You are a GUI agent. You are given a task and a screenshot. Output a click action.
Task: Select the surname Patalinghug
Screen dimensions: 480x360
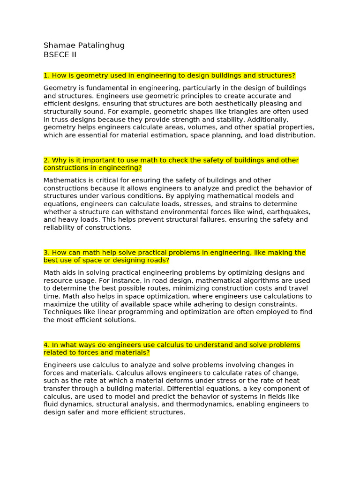pyautogui.click(x=102, y=45)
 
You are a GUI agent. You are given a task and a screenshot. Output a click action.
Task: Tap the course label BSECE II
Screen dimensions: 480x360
pyautogui.click(x=60, y=54)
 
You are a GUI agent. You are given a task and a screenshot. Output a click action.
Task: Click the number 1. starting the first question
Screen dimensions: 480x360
pyautogui.click(x=46, y=75)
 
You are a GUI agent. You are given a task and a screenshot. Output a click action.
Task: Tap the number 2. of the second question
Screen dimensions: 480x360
pyautogui.click(x=46, y=160)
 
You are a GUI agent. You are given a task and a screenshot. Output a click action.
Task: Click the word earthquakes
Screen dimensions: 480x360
pyautogui.click(x=289, y=212)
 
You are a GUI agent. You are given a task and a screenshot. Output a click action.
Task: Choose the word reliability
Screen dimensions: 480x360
pyautogui.click(x=59, y=228)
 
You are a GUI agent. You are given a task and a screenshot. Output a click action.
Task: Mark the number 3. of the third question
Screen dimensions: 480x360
pyautogui.click(x=46, y=253)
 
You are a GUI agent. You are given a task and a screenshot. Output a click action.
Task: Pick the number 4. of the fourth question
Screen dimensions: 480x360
pyautogui.click(x=46, y=345)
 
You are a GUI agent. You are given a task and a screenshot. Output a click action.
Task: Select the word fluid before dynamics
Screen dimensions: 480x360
pyautogui.click(x=51, y=405)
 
